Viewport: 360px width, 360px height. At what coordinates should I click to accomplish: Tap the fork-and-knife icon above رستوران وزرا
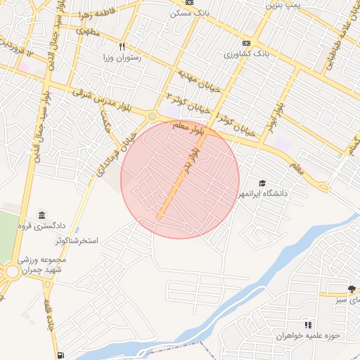click(x=122, y=46)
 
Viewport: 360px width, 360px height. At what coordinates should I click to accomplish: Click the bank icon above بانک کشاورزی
click(x=245, y=42)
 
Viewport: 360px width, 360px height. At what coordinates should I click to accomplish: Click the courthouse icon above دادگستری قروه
click(x=41, y=214)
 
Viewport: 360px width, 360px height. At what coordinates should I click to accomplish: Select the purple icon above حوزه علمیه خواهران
click(x=307, y=325)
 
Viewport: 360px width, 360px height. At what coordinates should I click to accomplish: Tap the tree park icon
click(x=352, y=289)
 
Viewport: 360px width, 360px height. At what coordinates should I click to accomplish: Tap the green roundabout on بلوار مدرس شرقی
click(x=152, y=116)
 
